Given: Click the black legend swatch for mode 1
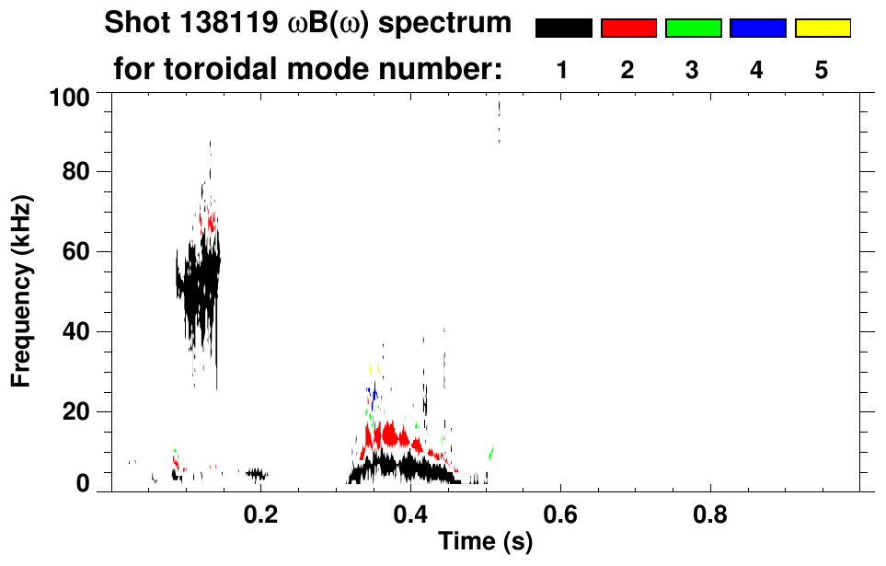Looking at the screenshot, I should point(563,29).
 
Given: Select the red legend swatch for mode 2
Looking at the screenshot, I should point(628,29).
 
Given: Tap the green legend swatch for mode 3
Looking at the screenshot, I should point(693,29).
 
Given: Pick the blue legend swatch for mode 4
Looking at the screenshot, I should point(757,29).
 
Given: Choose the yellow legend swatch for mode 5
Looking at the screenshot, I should point(823,29).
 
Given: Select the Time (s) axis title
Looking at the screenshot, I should point(485,543).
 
